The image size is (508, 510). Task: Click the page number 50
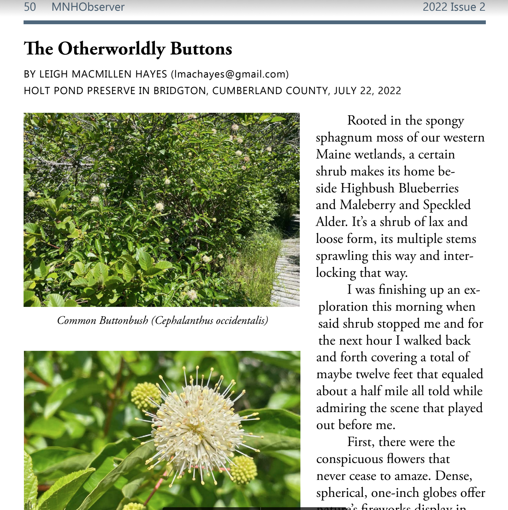coord(30,7)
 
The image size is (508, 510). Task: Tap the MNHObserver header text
coord(88,7)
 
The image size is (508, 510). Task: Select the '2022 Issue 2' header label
coord(454,7)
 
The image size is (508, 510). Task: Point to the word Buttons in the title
coord(201,49)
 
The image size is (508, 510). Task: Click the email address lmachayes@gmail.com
coord(230,74)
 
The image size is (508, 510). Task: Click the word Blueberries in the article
coord(429,188)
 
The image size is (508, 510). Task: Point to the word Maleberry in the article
coord(367,205)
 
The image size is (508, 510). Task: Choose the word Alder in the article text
coord(331,222)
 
